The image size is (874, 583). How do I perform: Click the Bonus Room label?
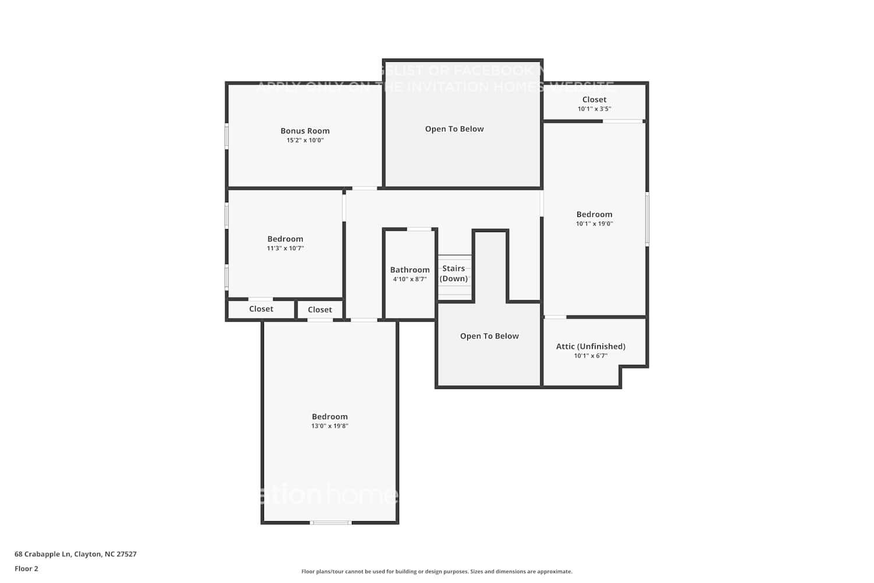point(305,131)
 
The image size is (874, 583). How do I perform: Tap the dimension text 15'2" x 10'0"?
point(305,141)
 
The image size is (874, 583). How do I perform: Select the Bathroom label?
point(410,270)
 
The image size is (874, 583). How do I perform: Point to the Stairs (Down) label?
point(453,273)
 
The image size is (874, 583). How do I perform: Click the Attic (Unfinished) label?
point(591,346)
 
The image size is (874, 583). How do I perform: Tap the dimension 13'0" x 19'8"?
point(330,426)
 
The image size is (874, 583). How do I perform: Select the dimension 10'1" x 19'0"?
point(594,224)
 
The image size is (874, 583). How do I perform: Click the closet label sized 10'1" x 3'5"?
point(594,100)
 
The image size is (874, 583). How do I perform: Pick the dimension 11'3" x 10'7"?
point(285,248)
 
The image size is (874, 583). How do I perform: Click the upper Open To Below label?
point(454,129)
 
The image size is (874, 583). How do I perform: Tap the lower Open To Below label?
point(489,336)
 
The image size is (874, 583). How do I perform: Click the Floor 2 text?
point(26,569)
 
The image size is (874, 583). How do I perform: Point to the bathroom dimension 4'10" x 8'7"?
point(410,279)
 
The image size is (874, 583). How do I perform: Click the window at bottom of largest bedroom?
point(330,523)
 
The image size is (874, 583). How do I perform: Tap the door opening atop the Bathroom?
point(419,229)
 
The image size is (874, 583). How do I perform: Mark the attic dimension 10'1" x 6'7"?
point(591,356)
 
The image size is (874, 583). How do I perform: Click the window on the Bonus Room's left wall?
point(227,136)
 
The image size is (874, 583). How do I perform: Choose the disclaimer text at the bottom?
point(436,572)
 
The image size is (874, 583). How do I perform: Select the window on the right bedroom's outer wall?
point(647,219)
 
